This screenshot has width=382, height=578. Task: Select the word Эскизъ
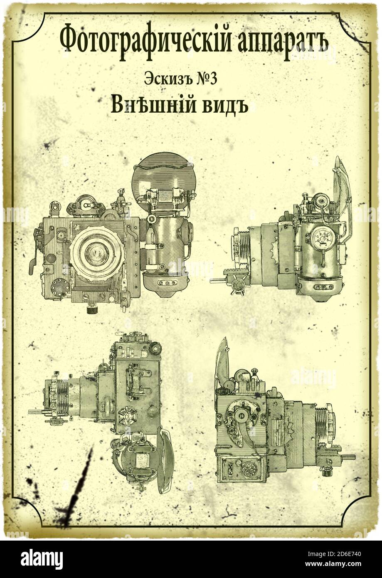169,79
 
